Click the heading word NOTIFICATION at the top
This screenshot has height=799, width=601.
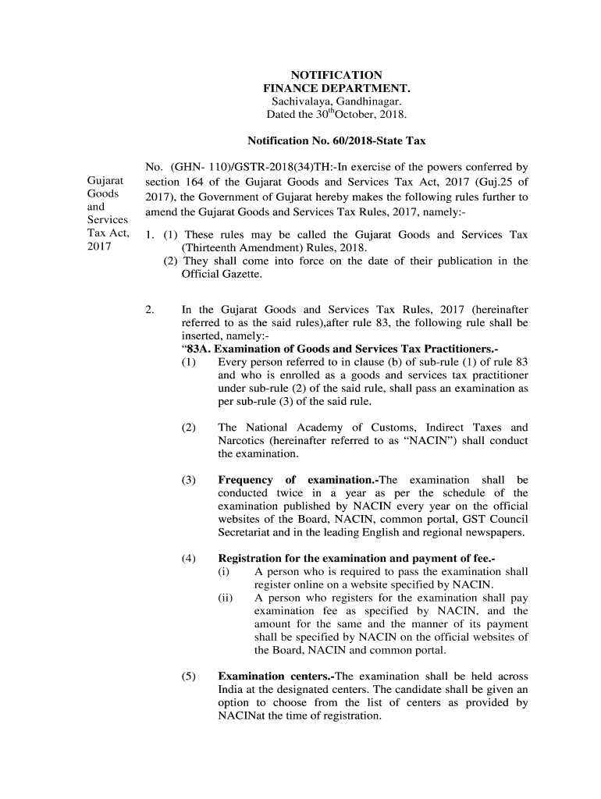[336, 75]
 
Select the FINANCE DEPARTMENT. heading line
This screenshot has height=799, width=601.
[336, 89]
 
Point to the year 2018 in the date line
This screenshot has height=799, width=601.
[393, 115]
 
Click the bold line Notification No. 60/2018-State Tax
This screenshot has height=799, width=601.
[336, 141]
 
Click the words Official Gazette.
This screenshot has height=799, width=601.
[222, 275]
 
